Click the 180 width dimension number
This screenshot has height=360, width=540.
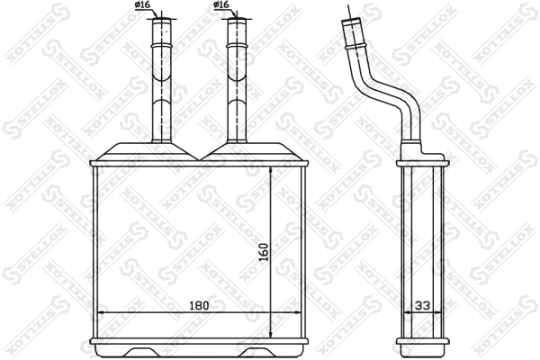[x=199, y=306]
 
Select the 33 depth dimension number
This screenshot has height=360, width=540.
[x=421, y=306]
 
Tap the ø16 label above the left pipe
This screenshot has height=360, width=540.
[x=142, y=6]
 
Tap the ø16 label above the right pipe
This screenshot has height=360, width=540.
[x=221, y=6]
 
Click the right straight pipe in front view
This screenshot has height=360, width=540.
[x=236, y=81]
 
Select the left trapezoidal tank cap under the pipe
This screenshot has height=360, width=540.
[x=153, y=151]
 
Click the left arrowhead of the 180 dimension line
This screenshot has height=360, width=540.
[x=100, y=313]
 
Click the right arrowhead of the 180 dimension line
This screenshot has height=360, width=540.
[x=300, y=313]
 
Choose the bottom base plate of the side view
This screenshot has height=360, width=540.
[x=422, y=340]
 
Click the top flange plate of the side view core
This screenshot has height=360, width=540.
[x=422, y=162]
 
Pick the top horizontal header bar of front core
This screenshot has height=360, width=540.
[x=200, y=163]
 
